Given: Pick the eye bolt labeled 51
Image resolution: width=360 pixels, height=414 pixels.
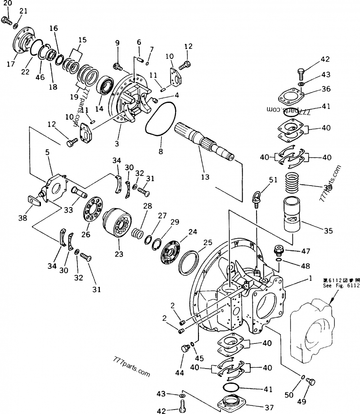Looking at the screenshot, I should pyautogui.click(x=257, y=198).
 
